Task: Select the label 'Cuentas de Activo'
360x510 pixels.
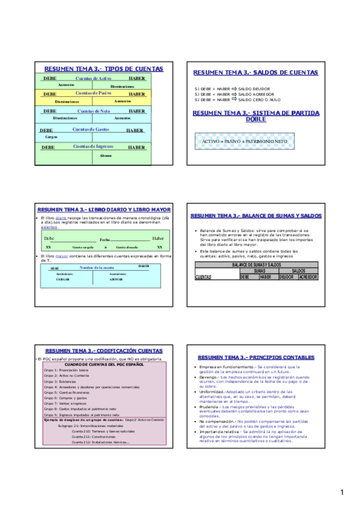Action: (x=93, y=79)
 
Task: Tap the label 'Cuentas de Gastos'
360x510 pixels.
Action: (x=90, y=130)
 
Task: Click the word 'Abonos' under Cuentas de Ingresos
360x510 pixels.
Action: (x=106, y=156)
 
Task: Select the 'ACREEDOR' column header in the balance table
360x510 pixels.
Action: (x=308, y=277)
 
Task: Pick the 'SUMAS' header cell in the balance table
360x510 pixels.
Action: (x=259, y=271)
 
